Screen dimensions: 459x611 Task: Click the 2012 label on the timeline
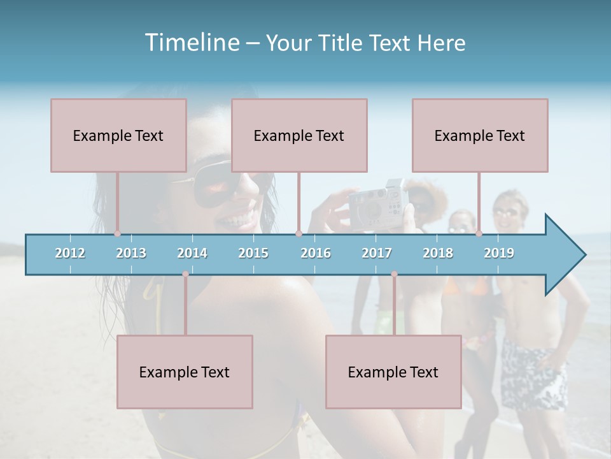70,253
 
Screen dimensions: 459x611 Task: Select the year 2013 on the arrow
131,253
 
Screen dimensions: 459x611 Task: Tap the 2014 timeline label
192,253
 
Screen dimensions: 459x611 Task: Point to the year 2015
253,253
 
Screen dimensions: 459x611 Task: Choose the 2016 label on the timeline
316,253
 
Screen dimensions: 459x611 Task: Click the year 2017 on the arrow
377,253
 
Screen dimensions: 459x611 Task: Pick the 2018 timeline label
438,253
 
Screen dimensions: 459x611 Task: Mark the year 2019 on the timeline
499,253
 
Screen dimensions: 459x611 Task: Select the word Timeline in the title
190,43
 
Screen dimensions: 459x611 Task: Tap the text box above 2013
118,135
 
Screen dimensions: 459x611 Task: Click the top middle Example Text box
299,135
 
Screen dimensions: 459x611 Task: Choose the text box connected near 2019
480,135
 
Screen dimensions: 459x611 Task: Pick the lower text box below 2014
185,372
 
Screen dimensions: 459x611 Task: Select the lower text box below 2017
393,372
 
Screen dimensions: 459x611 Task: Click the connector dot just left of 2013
117,233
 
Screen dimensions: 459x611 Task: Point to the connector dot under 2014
185,274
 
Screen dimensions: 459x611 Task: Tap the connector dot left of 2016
298,233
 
